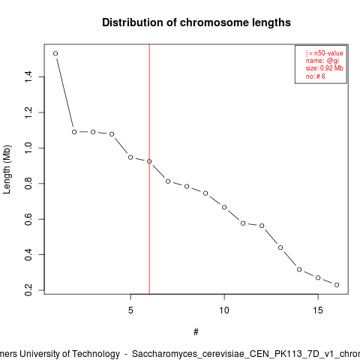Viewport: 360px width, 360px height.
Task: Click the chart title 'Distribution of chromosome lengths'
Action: tap(196, 22)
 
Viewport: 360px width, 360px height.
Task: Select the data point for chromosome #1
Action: tap(55, 53)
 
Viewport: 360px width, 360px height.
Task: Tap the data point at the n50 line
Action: tap(149, 161)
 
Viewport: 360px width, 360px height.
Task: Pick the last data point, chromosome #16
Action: tap(337, 285)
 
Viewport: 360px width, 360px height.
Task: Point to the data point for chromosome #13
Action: tap(280, 247)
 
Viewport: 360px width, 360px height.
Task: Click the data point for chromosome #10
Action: tap(224, 207)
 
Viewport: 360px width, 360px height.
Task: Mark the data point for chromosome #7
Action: tap(168, 181)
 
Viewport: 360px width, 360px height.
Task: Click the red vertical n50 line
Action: tap(149, 169)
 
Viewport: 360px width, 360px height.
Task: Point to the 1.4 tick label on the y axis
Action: tap(28, 76)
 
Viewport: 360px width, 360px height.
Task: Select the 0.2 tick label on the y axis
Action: tap(28, 290)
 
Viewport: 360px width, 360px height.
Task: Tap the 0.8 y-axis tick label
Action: tap(28, 184)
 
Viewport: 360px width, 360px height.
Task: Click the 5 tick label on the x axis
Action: tap(130, 310)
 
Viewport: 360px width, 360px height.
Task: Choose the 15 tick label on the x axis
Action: tap(318, 310)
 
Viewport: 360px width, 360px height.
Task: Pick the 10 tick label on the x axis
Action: tap(224, 310)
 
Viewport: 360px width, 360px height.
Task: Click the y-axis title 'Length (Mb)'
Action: tap(7, 169)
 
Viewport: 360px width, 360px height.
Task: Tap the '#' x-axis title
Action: tap(196, 332)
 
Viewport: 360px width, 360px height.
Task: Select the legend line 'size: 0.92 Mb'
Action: tap(324, 68)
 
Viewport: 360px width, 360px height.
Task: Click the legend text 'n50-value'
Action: tap(328, 53)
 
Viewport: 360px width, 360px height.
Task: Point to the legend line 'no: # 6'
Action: tap(315, 76)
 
